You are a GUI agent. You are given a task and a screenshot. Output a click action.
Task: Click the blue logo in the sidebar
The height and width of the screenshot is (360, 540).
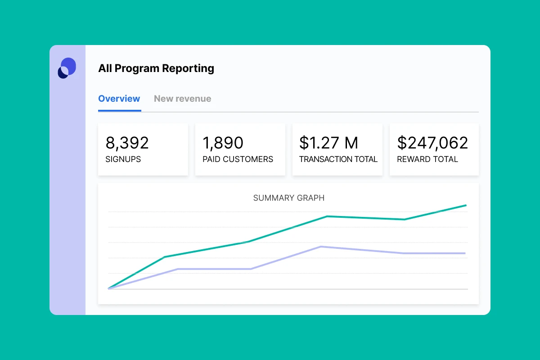(67, 68)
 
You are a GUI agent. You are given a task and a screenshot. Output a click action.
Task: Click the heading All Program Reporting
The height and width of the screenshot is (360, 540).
(156, 68)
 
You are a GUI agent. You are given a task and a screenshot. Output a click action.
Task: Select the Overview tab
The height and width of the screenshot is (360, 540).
(119, 99)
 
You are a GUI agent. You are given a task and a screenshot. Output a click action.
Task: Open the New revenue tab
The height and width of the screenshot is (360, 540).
(182, 99)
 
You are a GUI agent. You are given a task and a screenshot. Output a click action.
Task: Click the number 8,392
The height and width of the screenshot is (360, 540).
(127, 143)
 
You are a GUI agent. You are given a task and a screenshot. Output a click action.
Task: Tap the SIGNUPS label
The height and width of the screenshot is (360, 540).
(123, 159)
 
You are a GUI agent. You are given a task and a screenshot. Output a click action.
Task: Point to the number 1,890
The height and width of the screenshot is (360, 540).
(223, 143)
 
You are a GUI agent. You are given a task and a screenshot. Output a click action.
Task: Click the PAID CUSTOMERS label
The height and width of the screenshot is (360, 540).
(238, 159)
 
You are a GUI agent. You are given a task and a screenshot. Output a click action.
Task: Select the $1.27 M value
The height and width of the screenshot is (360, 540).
(328, 143)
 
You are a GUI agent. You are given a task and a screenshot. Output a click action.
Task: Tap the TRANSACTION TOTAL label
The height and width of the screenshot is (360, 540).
(338, 159)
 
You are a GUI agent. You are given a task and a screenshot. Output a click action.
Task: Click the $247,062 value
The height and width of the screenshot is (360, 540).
(432, 143)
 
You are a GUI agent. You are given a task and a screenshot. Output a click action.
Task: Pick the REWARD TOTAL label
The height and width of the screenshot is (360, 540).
(427, 159)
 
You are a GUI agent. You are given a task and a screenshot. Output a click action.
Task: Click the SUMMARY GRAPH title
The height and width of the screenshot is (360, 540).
(289, 198)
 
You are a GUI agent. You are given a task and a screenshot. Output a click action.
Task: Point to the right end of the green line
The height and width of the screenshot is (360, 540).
(465, 205)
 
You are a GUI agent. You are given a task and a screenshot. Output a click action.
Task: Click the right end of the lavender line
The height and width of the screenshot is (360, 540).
(465, 253)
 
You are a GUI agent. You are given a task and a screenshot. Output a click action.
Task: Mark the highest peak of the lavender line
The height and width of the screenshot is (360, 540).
(320, 247)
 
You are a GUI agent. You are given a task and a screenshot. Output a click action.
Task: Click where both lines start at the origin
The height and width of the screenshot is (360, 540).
(109, 288)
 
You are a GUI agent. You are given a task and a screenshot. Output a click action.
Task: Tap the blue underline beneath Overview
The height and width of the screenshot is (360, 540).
(120, 110)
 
